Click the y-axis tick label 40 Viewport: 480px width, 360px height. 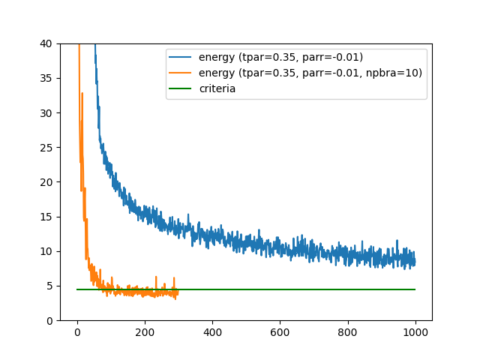click(46, 43)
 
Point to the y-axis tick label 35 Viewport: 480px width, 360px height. click(46, 78)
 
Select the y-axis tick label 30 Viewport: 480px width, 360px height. click(46, 112)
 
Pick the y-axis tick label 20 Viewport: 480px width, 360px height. click(46, 182)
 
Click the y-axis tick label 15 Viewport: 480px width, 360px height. click(46, 217)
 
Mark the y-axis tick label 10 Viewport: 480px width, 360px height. click(46, 251)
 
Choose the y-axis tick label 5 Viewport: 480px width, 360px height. click(49, 286)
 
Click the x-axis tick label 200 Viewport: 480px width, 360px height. click(145, 331)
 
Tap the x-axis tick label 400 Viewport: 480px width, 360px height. click(212, 331)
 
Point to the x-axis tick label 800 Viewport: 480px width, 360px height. click(348, 331)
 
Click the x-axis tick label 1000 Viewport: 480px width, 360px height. click(415, 331)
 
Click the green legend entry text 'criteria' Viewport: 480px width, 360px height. click(217, 88)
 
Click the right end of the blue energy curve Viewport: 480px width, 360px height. click(415, 260)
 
